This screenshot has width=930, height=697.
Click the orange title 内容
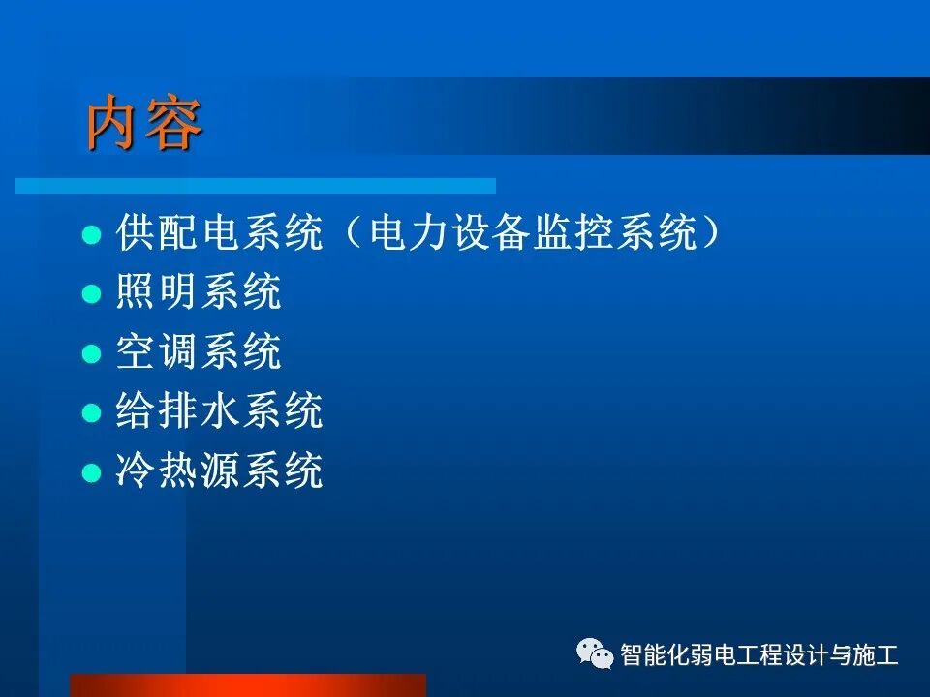pyautogui.click(x=145, y=124)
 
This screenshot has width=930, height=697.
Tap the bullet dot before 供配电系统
pyautogui.click(x=91, y=234)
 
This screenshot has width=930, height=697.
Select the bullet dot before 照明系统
pyautogui.click(x=91, y=294)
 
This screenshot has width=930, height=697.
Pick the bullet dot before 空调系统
pyautogui.click(x=91, y=354)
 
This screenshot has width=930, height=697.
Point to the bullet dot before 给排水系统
pyautogui.click(x=91, y=413)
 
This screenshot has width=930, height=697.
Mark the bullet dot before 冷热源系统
pyautogui.click(x=91, y=473)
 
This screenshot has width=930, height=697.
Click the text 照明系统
pyautogui.click(x=200, y=293)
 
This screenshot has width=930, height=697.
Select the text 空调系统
pyautogui.click(x=200, y=353)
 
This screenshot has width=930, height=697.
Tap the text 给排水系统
pyautogui.click(x=220, y=412)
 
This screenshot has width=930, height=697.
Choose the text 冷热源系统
pyautogui.click(x=220, y=472)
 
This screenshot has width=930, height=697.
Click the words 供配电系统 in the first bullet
pyautogui.click(x=220, y=233)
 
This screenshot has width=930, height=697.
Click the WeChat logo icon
pyautogui.click(x=596, y=654)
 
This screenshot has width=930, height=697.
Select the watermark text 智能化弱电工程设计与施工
pyautogui.click(x=759, y=655)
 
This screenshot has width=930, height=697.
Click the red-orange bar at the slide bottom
pyautogui.click(x=248, y=685)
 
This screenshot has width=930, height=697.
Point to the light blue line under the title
pyautogui.click(x=256, y=185)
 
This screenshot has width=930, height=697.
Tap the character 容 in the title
pyautogui.click(x=175, y=124)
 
